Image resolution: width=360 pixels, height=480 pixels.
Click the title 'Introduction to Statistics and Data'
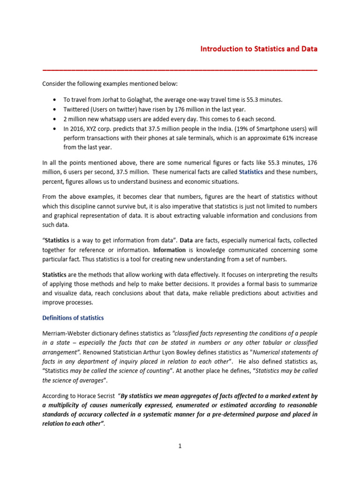[x=259, y=49]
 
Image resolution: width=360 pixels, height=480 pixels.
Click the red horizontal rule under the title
[x=180, y=69]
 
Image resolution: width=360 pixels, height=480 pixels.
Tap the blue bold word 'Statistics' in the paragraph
[x=251, y=172]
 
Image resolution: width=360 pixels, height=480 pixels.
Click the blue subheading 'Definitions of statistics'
[x=73, y=318]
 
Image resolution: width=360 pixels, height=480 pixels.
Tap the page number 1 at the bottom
[x=180, y=446]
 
